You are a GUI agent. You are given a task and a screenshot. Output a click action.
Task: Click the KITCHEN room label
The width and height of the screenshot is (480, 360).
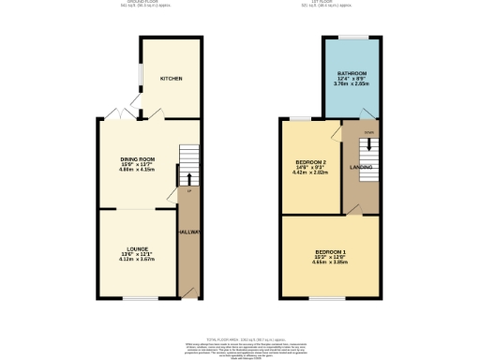coord(170,78)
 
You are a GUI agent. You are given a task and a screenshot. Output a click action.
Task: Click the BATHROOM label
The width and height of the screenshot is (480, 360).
coord(352,73)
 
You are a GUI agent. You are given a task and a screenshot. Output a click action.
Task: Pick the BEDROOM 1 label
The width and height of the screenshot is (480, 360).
coord(331,252)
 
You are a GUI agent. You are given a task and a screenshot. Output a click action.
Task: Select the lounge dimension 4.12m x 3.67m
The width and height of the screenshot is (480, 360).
coord(134,259)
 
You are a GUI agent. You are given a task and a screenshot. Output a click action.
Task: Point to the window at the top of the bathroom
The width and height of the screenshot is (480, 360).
coord(352,37)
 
